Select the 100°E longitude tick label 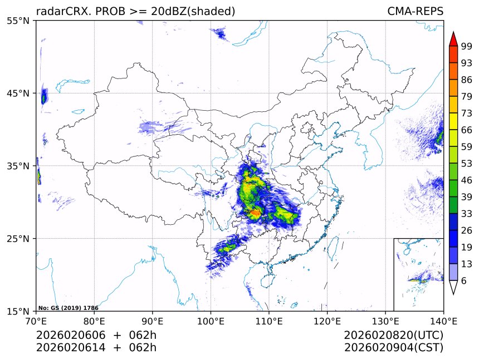(211, 320)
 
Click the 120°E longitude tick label (327, 320)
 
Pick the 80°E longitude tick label (94, 320)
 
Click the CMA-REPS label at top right (415, 12)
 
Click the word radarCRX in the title (59, 12)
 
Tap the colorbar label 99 (467, 46)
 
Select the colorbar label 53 (467, 164)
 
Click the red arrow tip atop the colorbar (453, 38)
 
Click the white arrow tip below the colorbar (453, 288)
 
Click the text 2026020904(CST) (393, 348)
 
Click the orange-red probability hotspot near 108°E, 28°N (255, 213)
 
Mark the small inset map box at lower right (418, 274)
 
